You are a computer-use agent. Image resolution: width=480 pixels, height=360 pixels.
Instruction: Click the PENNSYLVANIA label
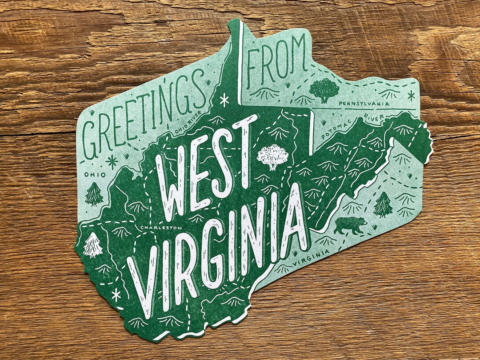(x=364, y=104)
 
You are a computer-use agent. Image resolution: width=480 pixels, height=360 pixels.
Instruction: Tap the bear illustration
(x=350, y=225)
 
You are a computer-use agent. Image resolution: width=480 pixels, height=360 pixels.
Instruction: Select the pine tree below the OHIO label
(x=94, y=194)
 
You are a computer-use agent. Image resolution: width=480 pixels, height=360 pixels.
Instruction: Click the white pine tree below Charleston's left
(x=93, y=245)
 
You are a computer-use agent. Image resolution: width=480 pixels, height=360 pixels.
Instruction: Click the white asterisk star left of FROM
(x=224, y=100)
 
